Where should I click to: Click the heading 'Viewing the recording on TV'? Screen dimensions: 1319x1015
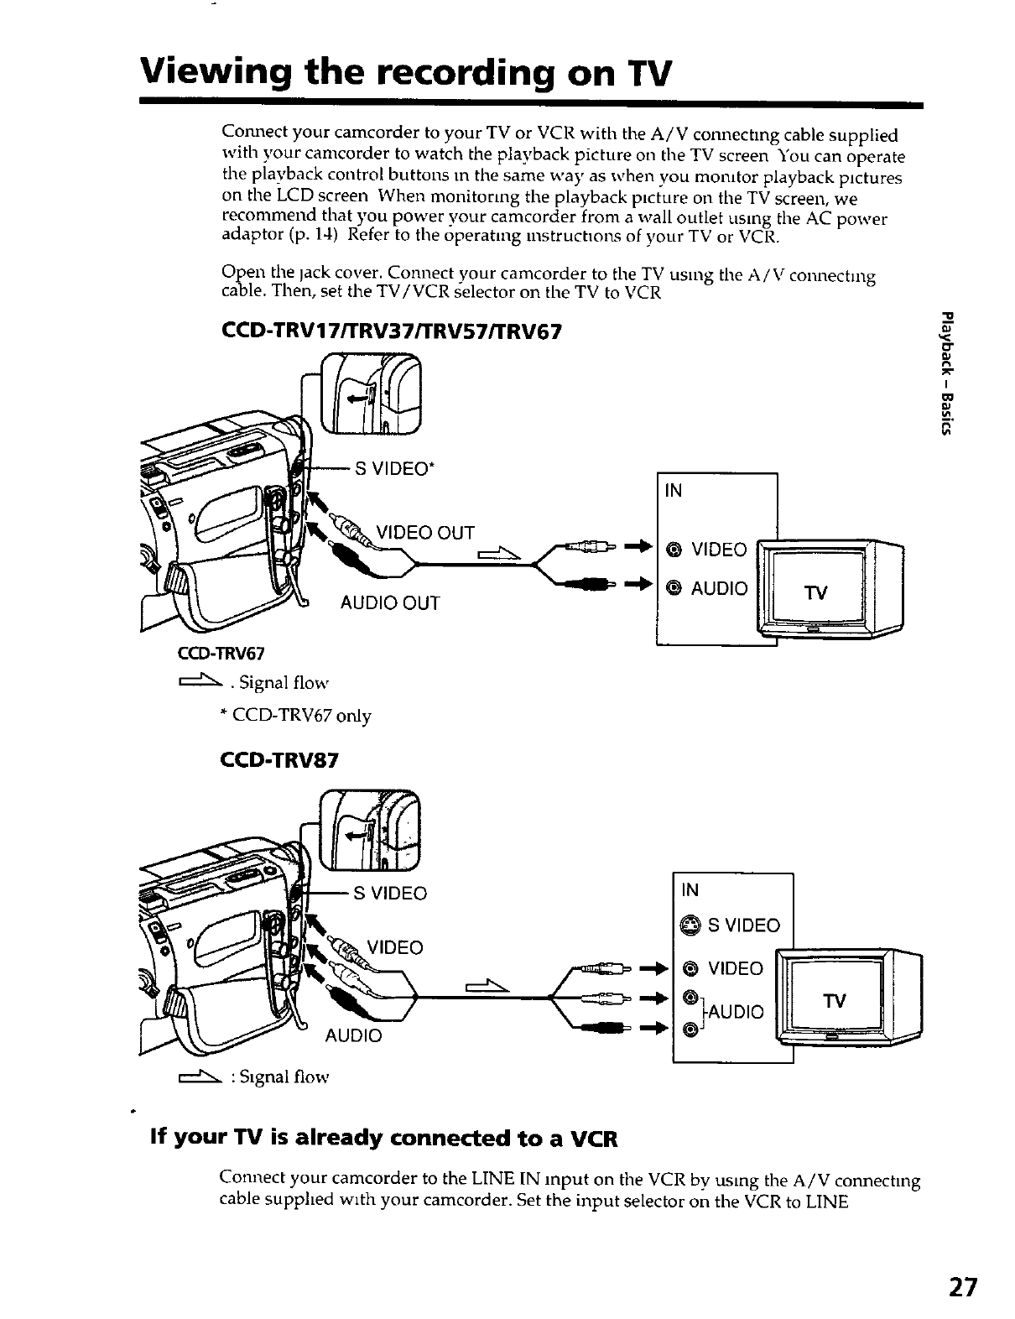(406, 72)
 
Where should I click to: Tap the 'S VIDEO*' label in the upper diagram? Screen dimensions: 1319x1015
(394, 468)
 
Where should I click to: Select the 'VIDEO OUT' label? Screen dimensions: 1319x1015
(425, 533)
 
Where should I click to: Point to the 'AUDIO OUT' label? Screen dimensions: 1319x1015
(389, 602)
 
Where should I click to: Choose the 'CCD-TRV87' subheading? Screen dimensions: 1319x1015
(278, 761)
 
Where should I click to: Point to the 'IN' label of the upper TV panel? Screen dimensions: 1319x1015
(673, 490)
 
